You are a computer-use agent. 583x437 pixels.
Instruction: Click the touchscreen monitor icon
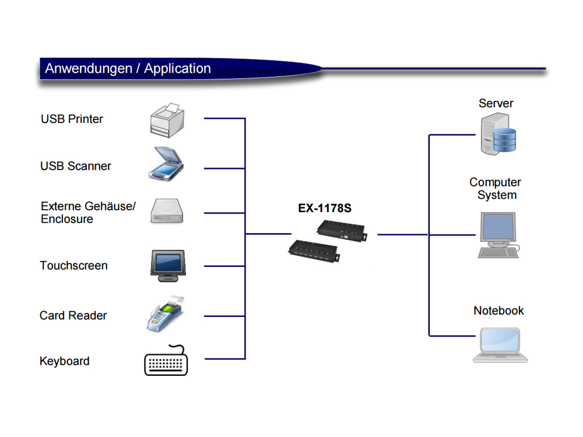tap(167, 266)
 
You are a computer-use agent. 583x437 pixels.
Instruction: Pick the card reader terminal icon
tap(165, 315)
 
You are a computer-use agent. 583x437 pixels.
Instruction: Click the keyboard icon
tap(166, 361)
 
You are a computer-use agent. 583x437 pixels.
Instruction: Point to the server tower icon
tap(497, 135)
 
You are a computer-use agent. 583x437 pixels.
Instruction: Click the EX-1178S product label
tap(325, 209)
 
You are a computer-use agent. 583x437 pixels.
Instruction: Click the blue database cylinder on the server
tap(504, 140)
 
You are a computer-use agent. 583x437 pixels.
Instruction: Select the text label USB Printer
tap(72, 119)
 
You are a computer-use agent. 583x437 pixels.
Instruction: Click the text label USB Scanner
tap(75, 166)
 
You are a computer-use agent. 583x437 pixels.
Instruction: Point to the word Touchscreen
tap(73, 266)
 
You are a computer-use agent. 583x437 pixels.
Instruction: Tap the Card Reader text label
tap(73, 315)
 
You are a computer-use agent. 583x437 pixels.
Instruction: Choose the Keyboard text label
tap(64, 361)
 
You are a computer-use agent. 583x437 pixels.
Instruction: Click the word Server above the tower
tap(496, 103)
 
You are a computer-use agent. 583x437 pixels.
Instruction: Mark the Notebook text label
tap(498, 311)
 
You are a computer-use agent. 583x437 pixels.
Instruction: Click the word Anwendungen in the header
tap(88, 69)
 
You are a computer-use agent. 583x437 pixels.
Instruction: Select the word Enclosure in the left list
tap(66, 219)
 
